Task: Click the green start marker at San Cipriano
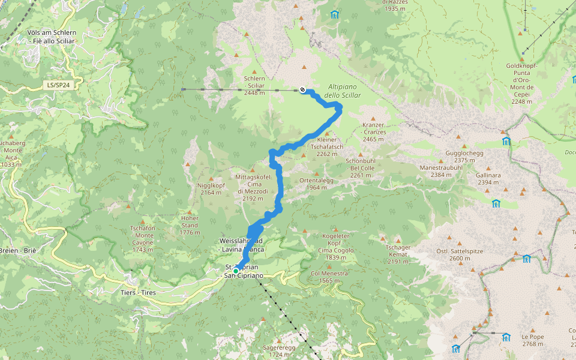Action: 236,271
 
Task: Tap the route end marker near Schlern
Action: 302,89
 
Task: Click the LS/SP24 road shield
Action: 58,85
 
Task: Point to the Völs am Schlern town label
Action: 51,37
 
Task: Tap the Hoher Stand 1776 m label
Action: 189,225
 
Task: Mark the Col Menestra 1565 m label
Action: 329,277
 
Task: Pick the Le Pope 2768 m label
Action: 532,340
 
